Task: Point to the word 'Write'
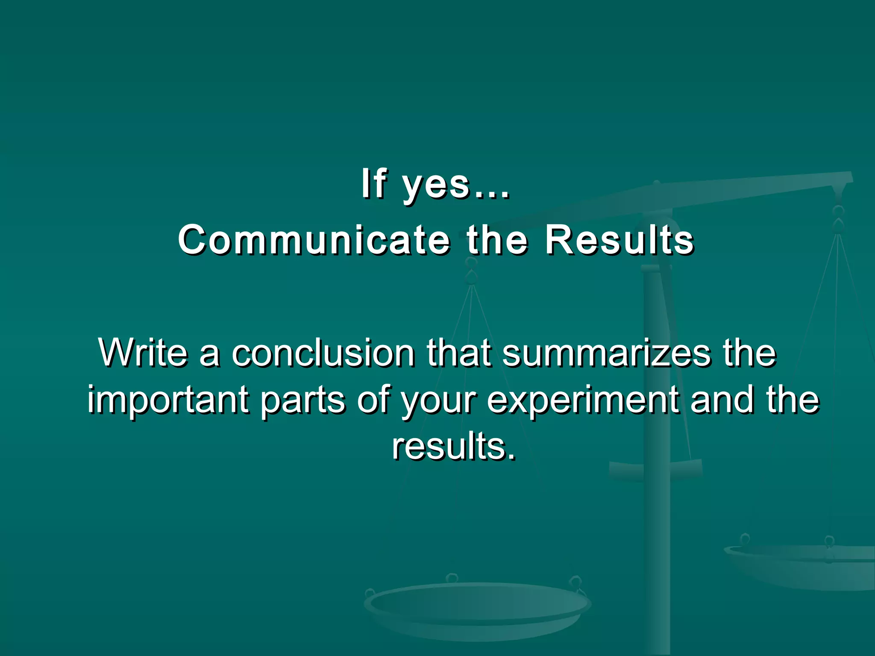tap(143, 353)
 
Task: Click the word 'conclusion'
tap(323, 353)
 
